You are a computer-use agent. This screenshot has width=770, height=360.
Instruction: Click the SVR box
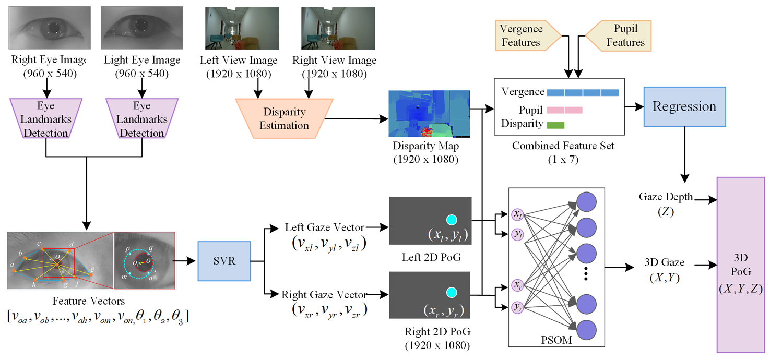(224, 261)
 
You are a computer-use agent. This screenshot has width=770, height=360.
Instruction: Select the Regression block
(684, 106)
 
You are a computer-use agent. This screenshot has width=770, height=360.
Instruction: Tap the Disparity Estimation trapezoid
(285, 118)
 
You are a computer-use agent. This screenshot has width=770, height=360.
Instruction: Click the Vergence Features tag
(528, 35)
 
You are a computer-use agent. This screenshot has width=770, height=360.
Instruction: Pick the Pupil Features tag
(618, 35)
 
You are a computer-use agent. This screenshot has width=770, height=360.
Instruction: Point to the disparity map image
(429, 114)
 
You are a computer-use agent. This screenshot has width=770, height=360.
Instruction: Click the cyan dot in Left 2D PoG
(452, 220)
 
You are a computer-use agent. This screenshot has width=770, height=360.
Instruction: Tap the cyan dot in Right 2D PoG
(452, 292)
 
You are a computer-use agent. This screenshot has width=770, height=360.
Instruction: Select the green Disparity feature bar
(555, 125)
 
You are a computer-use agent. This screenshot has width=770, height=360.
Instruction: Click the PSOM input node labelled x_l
(517, 214)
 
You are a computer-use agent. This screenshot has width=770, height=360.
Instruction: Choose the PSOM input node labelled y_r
(517, 307)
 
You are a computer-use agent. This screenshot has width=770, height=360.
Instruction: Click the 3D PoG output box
(741, 265)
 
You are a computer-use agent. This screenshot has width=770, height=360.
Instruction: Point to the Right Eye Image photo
(50, 28)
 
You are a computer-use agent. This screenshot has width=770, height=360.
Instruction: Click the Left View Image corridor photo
(242, 29)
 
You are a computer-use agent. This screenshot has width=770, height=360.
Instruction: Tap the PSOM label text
(556, 340)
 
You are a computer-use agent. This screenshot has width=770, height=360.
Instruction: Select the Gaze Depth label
(666, 197)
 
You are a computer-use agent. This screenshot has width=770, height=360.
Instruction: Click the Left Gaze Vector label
(325, 227)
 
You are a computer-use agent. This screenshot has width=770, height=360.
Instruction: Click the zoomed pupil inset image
(145, 260)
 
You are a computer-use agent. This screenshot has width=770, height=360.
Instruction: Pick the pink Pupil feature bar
(564, 110)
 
